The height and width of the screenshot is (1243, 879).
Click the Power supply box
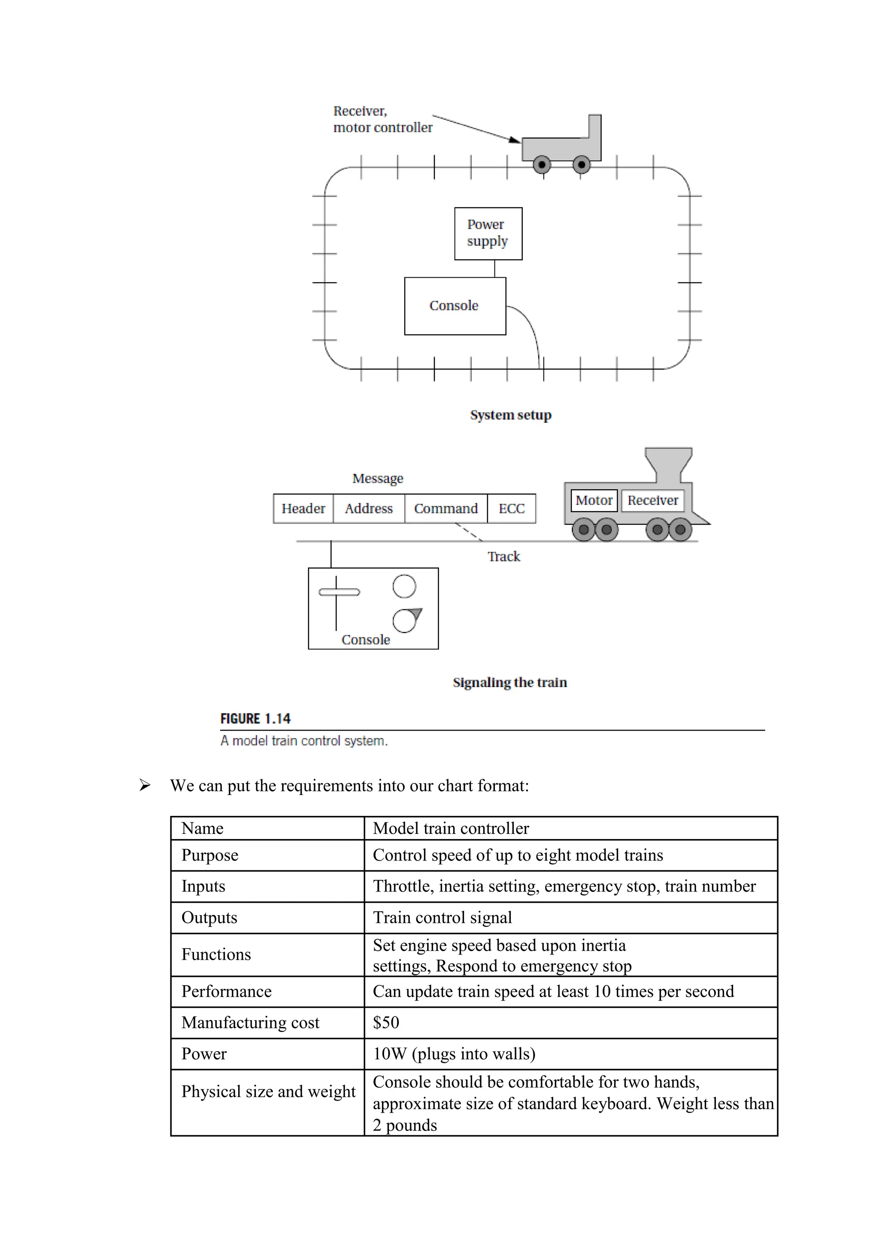coord(488,233)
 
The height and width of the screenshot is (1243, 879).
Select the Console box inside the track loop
coord(455,306)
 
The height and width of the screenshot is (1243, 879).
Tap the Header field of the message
coord(303,508)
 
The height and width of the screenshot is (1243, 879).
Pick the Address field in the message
coord(369,508)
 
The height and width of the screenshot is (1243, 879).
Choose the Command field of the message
coord(446,508)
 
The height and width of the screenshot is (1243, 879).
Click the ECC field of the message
coord(512,508)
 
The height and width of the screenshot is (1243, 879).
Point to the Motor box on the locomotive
coord(594,500)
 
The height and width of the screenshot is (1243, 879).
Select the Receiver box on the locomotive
coord(652,500)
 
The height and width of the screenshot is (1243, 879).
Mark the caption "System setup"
coord(510,415)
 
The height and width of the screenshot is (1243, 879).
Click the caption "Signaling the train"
coord(509,682)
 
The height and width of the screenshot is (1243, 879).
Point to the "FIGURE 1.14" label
coord(255,719)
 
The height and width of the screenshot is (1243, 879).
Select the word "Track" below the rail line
coord(503,557)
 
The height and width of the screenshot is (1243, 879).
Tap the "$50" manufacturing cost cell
coord(386,1022)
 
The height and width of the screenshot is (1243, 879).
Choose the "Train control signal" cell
coord(442,917)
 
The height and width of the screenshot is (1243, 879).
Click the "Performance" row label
coord(226,991)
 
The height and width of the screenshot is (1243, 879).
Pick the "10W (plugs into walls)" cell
coord(454,1054)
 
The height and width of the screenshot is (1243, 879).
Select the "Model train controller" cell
coord(451,828)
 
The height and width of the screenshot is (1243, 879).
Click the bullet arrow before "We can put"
coord(145,785)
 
